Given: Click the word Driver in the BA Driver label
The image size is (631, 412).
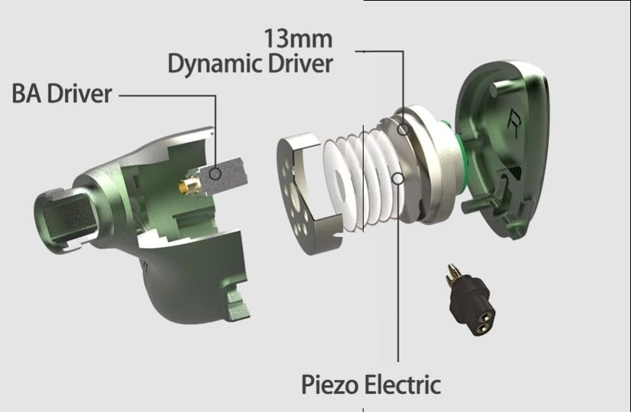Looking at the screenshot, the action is click(x=79, y=94).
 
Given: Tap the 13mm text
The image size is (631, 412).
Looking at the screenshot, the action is click(x=298, y=39).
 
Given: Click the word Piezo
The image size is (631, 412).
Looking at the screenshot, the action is click(x=329, y=384).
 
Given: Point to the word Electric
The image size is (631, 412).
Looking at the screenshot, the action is click(x=402, y=384).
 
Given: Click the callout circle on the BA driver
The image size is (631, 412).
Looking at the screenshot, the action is click(x=216, y=174).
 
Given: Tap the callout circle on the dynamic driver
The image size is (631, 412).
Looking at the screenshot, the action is click(x=403, y=130).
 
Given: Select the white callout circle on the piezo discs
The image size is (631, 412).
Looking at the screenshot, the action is click(x=398, y=178).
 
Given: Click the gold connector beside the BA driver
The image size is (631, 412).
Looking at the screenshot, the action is click(x=190, y=186).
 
